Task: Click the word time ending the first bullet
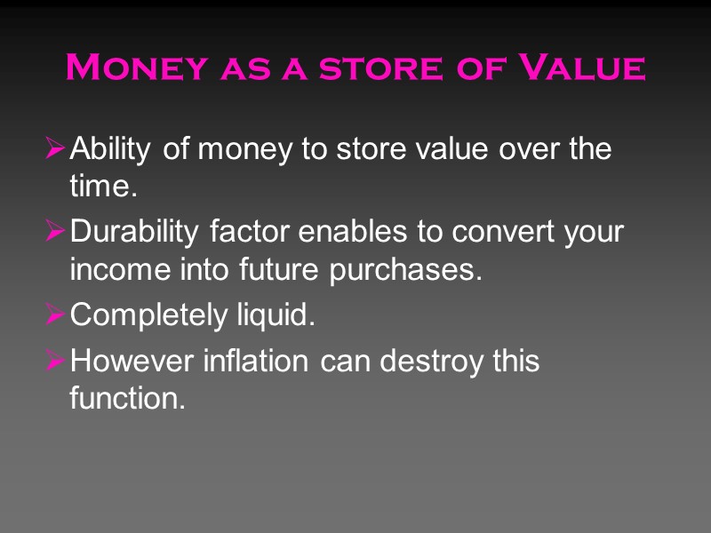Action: (x=100, y=187)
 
